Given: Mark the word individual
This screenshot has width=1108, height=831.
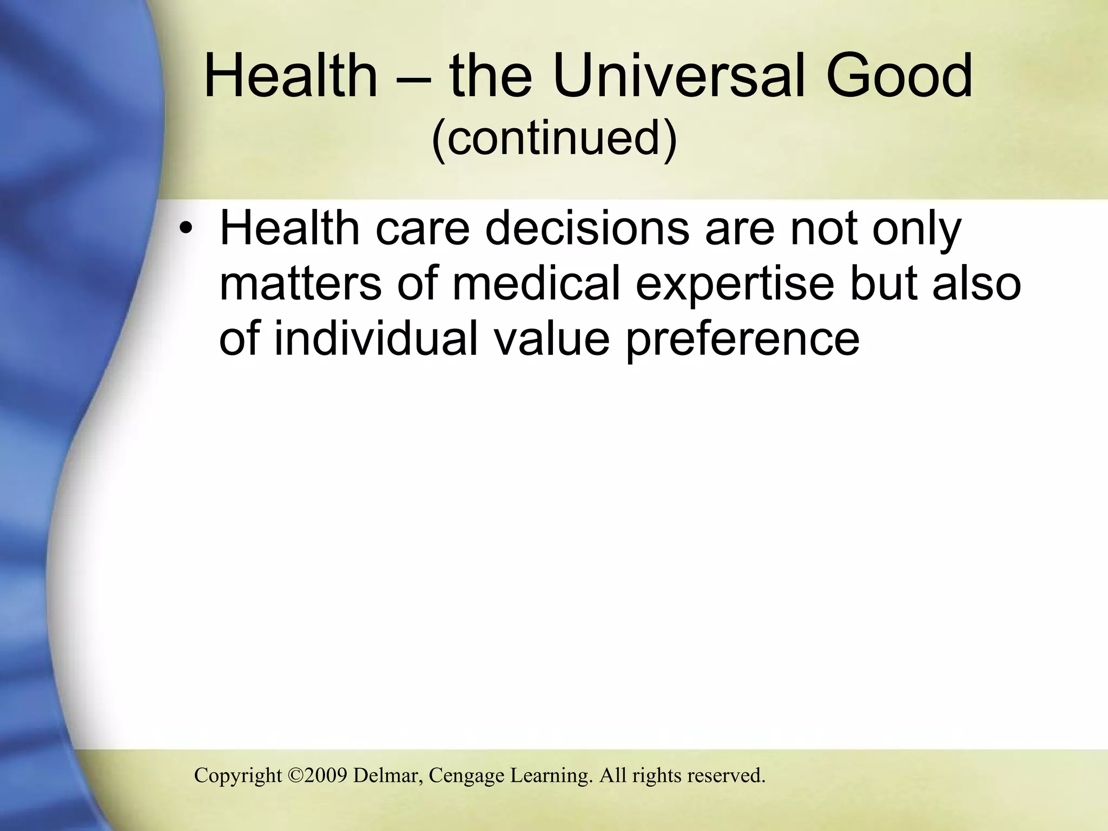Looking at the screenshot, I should tap(376, 338).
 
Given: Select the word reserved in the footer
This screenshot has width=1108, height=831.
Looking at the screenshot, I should tap(726, 775).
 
